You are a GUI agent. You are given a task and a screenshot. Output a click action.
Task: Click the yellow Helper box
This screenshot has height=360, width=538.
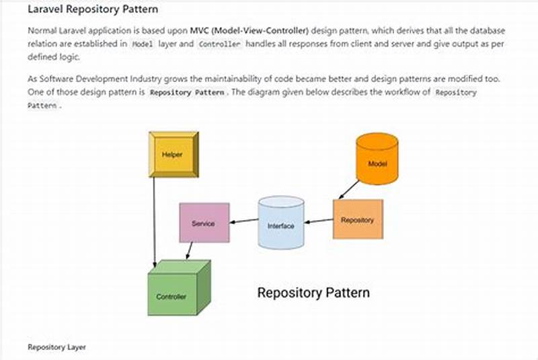(x=173, y=154)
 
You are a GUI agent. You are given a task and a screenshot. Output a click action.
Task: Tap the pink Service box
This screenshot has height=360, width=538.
(x=203, y=223)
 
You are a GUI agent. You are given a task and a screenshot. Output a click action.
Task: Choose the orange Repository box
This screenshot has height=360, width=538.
(x=358, y=219)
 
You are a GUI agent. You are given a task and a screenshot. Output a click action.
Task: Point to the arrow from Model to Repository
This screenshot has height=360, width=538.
(x=349, y=189)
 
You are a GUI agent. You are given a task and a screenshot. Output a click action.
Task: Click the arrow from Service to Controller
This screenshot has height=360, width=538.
(x=190, y=251)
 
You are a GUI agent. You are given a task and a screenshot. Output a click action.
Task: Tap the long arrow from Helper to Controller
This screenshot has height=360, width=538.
(x=155, y=222)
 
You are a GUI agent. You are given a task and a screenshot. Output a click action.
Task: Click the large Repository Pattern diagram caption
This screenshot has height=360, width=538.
(x=313, y=293)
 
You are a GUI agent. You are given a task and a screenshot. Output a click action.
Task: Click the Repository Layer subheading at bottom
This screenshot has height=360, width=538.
(x=56, y=347)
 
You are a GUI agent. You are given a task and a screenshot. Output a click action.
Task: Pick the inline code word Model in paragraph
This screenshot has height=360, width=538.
(x=142, y=44)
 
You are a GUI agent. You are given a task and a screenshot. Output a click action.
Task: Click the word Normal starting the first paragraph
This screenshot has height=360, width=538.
(x=42, y=31)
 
